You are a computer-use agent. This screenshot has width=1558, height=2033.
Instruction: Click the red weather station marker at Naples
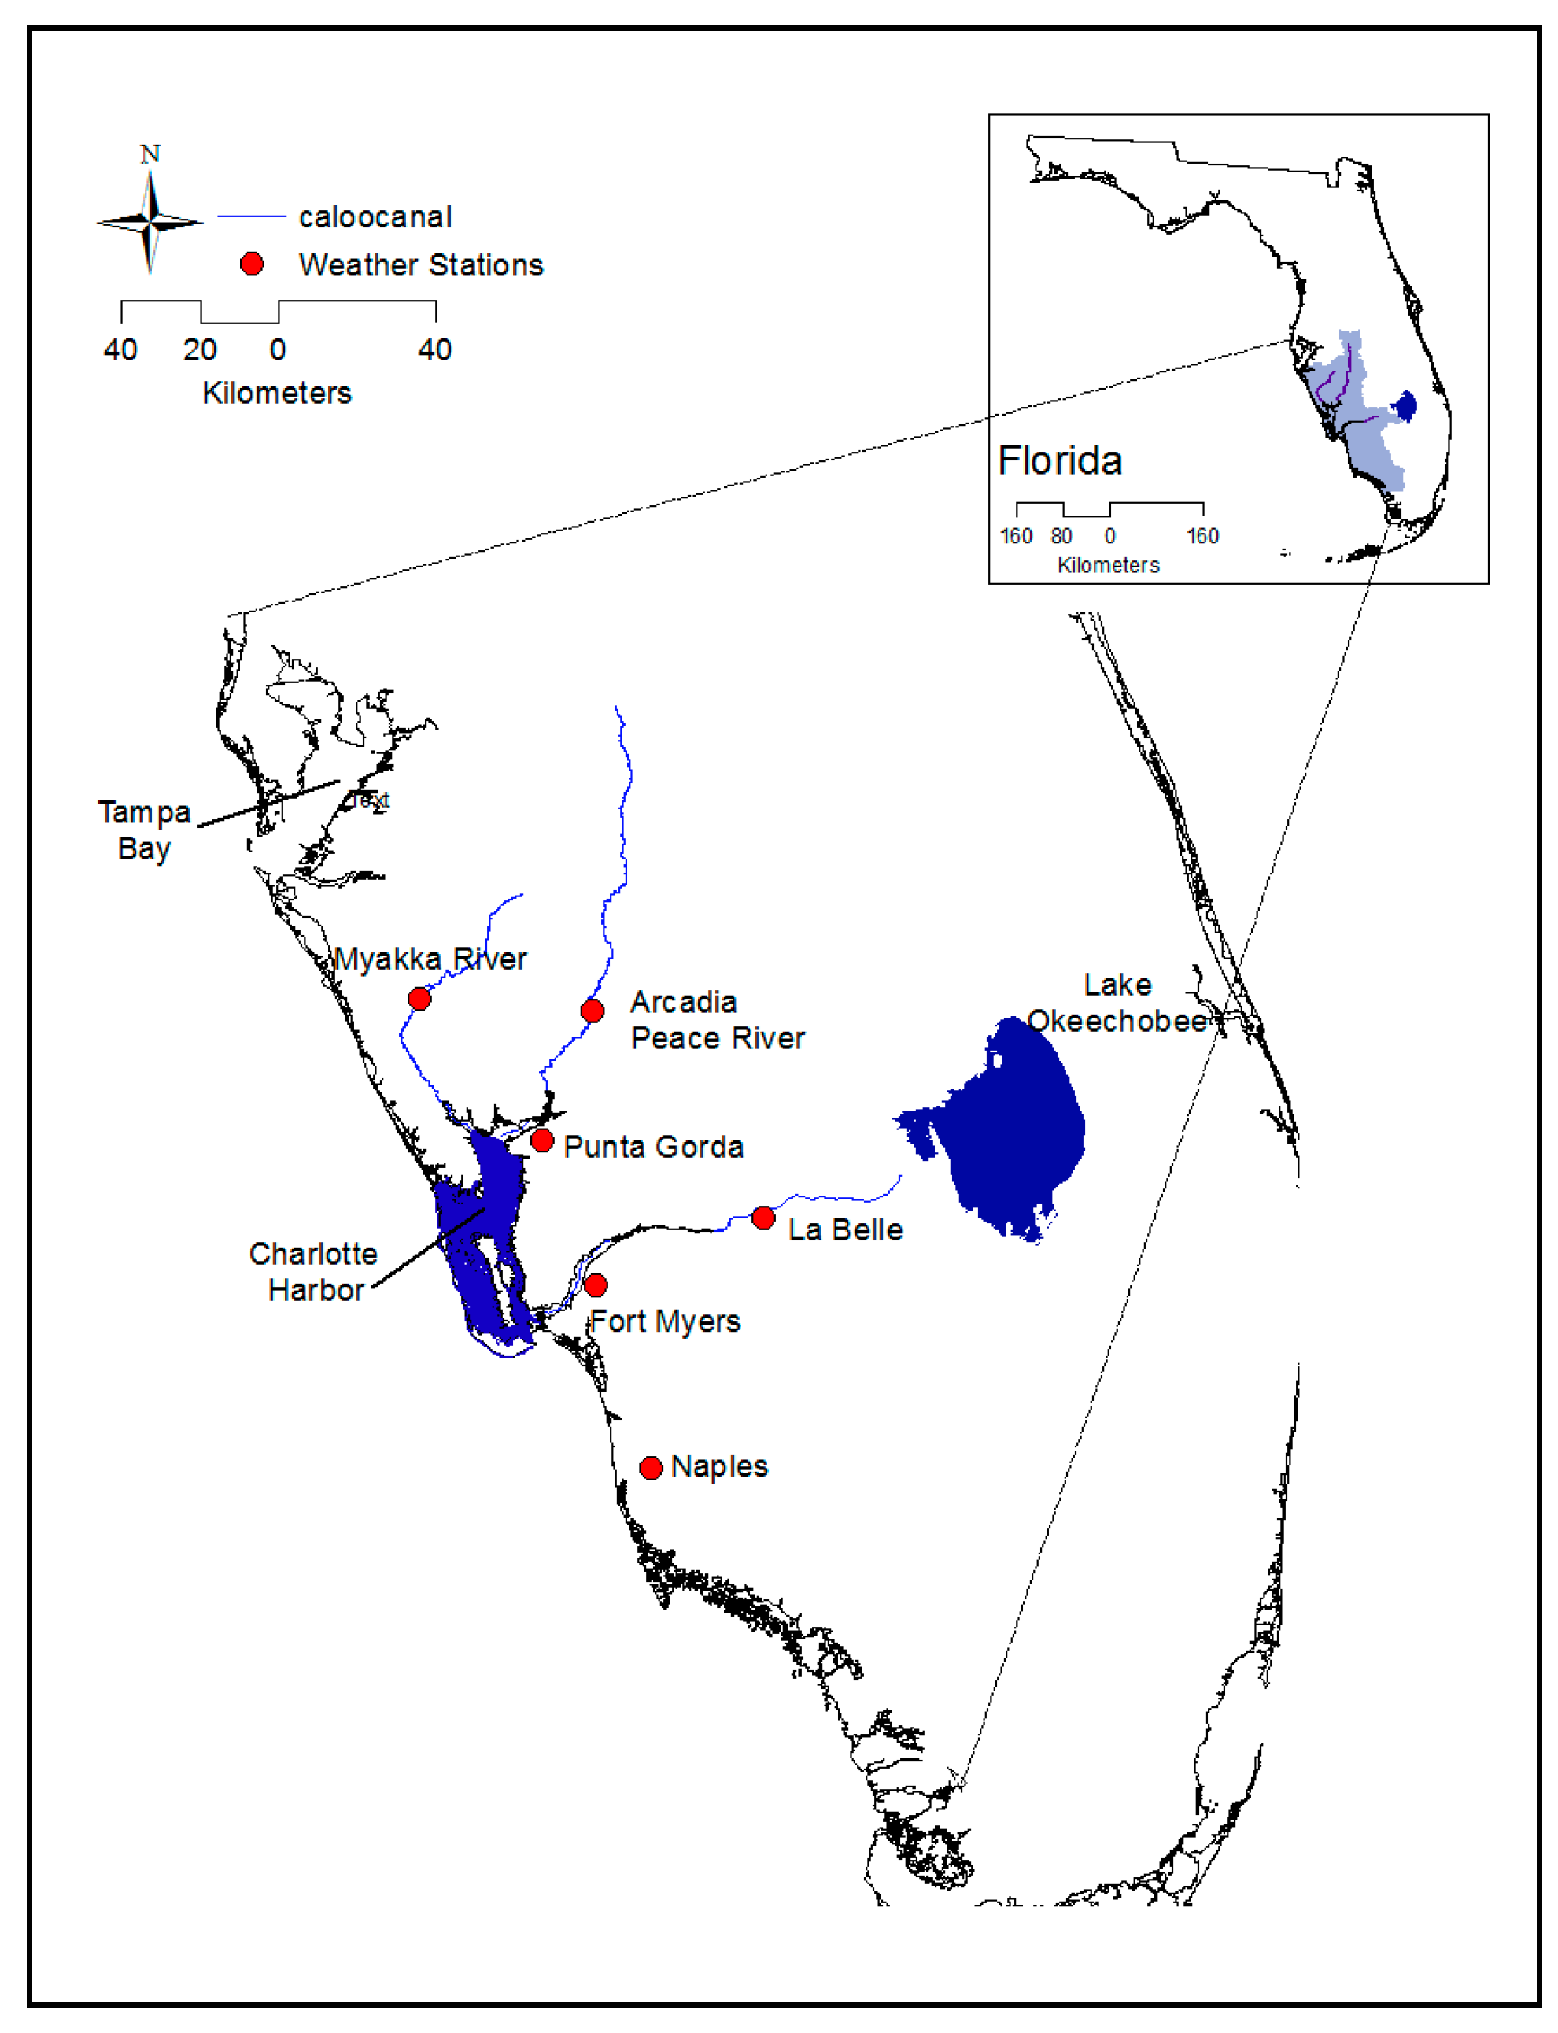pos(651,1467)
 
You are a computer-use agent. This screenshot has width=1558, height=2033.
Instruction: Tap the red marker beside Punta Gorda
pos(542,1140)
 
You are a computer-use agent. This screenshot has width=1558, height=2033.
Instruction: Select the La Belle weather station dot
pos(763,1218)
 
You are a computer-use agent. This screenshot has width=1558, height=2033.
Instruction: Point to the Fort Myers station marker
pos(596,1284)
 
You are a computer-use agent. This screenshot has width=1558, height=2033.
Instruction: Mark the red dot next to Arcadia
pos(592,1010)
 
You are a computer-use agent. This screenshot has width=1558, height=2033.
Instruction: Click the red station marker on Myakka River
pos(419,998)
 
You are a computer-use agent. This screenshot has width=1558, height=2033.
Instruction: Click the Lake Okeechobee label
pos(1117,1003)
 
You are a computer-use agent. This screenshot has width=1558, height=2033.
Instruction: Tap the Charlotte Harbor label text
pos(313,1272)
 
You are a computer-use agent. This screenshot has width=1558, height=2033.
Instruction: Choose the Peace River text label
pos(718,1038)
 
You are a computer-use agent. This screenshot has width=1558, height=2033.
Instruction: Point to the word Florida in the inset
pos(1060,461)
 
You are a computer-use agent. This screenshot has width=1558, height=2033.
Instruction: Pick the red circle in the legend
pos(251,264)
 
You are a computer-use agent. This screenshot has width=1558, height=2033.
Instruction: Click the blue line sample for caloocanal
pos(251,216)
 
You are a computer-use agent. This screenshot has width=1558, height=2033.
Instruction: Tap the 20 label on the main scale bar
pos(199,349)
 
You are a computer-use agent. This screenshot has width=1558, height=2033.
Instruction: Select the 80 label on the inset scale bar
pos(1061,536)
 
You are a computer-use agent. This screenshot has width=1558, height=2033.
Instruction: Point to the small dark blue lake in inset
pos(1406,405)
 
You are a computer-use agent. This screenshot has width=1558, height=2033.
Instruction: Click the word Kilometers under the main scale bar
pos(277,392)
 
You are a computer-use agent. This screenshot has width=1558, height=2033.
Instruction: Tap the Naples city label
pos(720,1466)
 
